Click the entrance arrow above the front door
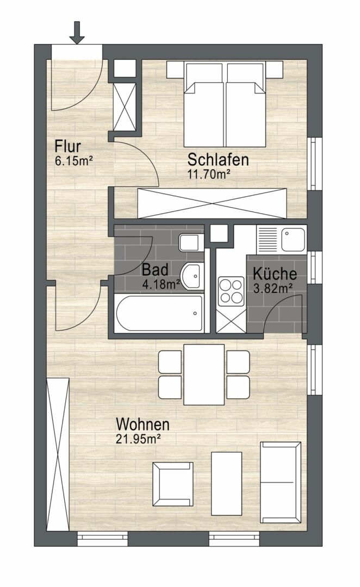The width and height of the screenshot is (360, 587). [77, 33]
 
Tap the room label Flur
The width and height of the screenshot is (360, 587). [68, 146]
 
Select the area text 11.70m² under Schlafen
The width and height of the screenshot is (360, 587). [208, 174]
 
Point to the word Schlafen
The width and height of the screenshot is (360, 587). [218, 159]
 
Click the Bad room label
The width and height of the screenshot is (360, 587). [155, 270]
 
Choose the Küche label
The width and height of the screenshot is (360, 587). [275, 273]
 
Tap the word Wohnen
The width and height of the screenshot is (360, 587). [142, 424]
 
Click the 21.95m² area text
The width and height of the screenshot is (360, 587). [138, 439]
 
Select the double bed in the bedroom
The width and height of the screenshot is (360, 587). [225, 104]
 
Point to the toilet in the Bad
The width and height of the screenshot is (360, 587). [191, 243]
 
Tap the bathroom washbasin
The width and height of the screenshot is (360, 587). [192, 276]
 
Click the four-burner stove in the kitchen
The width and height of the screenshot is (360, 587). [231, 290]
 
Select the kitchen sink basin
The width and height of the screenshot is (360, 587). [294, 240]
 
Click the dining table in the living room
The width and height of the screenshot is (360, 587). [204, 374]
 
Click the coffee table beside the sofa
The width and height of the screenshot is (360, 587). [226, 484]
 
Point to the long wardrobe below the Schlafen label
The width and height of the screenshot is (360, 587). [212, 203]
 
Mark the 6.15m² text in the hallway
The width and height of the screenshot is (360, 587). [74, 161]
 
